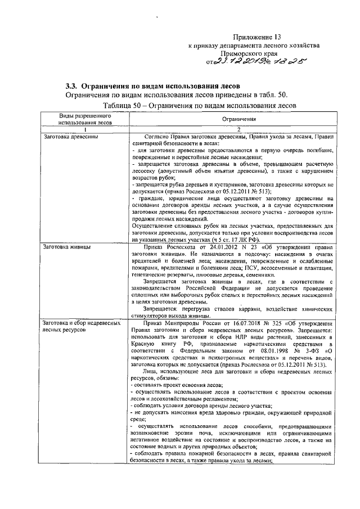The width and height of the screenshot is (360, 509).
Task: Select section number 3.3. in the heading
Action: (x=71, y=86)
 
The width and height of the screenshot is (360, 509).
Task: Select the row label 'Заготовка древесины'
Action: (x=66, y=137)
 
